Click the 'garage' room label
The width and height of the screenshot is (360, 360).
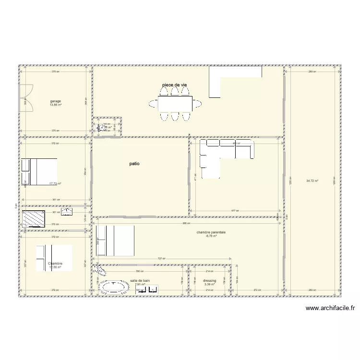(x=55, y=101)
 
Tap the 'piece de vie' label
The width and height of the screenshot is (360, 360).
(x=174, y=85)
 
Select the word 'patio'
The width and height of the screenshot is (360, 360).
(x=134, y=164)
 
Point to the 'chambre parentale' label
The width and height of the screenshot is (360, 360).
(x=211, y=232)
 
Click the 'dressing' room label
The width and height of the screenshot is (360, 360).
(x=209, y=281)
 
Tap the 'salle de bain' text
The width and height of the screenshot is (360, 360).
(x=140, y=281)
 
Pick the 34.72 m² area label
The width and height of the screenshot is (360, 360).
(x=312, y=181)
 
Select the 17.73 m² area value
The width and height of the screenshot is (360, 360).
(x=55, y=183)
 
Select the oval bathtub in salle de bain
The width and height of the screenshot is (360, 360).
(x=114, y=287)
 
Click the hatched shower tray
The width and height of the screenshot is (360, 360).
(x=34, y=218)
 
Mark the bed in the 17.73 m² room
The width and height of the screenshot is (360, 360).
(x=39, y=171)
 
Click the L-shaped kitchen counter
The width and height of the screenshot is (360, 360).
(x=226, y=77)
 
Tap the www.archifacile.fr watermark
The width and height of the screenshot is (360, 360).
(x=330, y=309)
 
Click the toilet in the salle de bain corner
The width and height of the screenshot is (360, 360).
(x=100, y=271)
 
